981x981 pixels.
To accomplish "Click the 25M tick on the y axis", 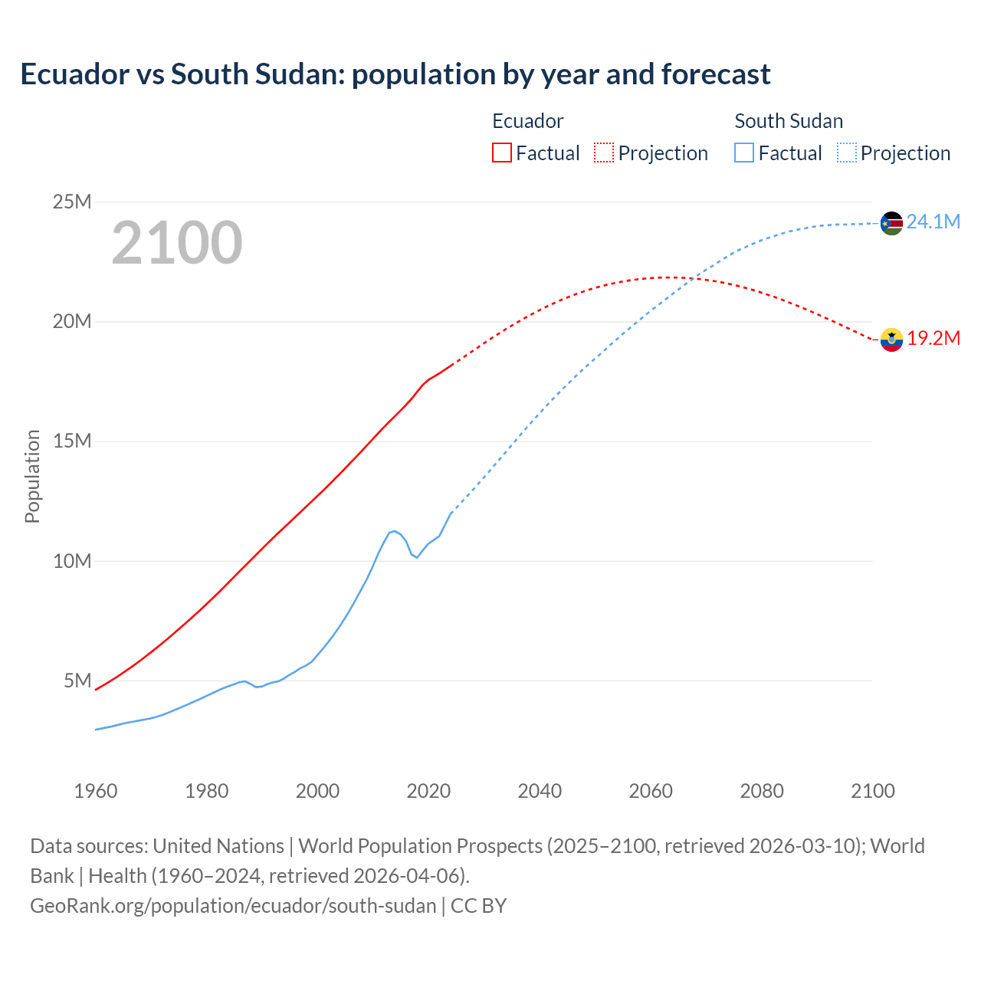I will coord(72,202).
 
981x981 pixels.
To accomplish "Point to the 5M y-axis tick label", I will coord(77,681).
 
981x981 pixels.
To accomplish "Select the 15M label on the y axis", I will coord(72,441).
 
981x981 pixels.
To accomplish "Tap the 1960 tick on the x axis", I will coord(96,791).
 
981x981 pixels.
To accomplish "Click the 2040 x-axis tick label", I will coord(540,791).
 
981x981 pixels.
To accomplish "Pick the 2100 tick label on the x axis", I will coord(872,791).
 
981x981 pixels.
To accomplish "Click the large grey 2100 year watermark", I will coord(177,243).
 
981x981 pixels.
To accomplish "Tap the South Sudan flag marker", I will coord(891,223).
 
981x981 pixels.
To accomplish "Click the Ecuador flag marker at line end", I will coord(891,339).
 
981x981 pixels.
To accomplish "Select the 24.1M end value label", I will coord(933,222).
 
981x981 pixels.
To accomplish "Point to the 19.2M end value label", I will coord(933,339).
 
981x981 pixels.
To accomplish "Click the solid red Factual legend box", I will coord(502,153).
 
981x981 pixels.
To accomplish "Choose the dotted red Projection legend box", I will coord(604,153).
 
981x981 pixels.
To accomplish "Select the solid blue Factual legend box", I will coord(744,153).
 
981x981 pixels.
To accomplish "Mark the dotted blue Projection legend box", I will coord(847,153).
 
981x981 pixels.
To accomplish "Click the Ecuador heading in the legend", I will coord(527,121).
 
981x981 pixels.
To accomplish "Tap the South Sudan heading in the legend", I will coord(789,121).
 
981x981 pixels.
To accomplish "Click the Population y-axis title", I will coord(32,476).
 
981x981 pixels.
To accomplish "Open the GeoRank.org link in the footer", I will coord(233,906).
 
